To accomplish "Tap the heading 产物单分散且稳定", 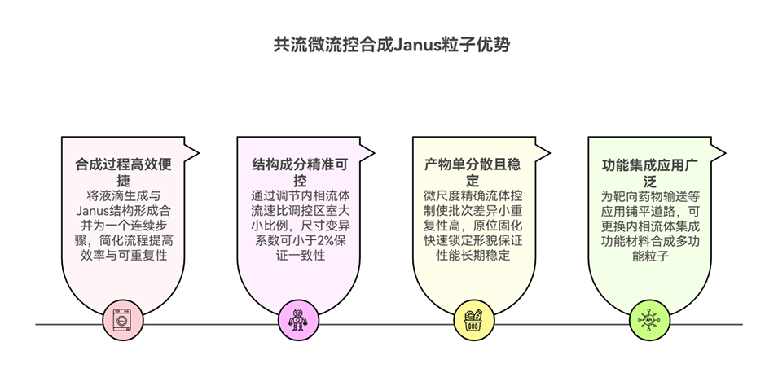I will pyautogui.click(x=473, y=172).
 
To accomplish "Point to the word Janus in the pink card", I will pyautogui.click(x=81, y=211).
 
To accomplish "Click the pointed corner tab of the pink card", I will pyautogui.click(x=194, y=151).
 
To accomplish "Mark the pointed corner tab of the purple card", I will pyautogui.click(x=369, y=151).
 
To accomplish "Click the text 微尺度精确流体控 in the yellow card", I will pyautogui.click(x=473, y=196).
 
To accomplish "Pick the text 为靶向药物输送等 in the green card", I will pyautogui.click(x=649, y=196).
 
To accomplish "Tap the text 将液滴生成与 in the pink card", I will pyautogui.click(x=124, y=196).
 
